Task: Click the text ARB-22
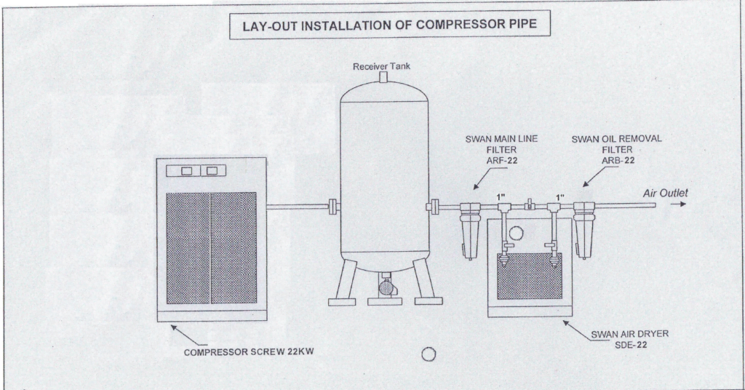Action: point(615,159)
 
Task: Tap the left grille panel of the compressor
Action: point(188,248)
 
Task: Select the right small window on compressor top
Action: point(213,171)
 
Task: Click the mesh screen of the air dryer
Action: point(528,276)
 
